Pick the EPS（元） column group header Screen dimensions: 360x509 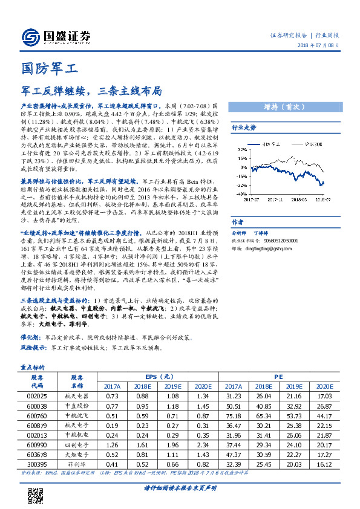point(156,375)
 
